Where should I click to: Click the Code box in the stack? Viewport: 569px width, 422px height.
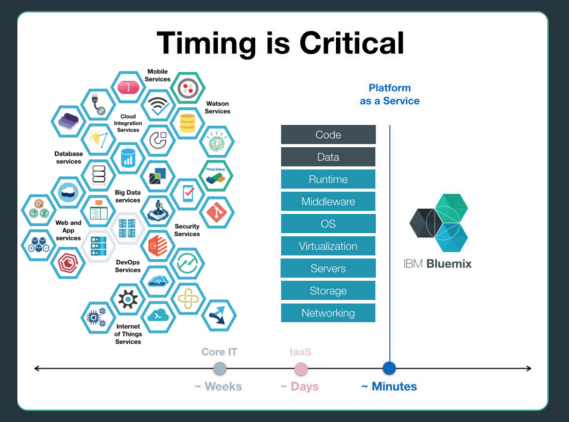[328, 135]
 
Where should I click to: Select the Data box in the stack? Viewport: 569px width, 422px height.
[328, 157]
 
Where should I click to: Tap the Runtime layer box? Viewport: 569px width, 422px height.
[328, 179]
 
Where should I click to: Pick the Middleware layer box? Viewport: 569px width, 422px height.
[328, 202]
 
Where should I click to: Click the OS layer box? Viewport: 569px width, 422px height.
[328, 224]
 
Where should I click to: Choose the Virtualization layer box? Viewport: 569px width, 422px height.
[328, 246]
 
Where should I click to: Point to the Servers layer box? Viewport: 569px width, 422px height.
[328, 268]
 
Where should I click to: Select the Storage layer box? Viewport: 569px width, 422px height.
[328, 291]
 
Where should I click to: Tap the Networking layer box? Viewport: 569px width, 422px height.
[328, 313]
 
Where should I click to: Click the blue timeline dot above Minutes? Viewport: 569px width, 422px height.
[389, 368]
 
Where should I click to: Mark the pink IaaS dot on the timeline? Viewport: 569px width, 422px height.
[301, 369]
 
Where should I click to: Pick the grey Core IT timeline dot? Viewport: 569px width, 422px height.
[220, 369]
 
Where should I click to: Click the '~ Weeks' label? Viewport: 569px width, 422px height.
[218, 387]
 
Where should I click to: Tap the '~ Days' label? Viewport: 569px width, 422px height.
[299, 387]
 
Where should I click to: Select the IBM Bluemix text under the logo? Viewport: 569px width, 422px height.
[437, 264]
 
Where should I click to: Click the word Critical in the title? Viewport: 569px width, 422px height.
[352, 43]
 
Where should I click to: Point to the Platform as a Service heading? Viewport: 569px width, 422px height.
[390, 94]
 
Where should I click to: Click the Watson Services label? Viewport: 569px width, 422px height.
[217, 107]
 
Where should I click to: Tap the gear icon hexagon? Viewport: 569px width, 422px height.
[128, 299]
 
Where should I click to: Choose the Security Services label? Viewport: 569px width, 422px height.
[187, 230]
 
